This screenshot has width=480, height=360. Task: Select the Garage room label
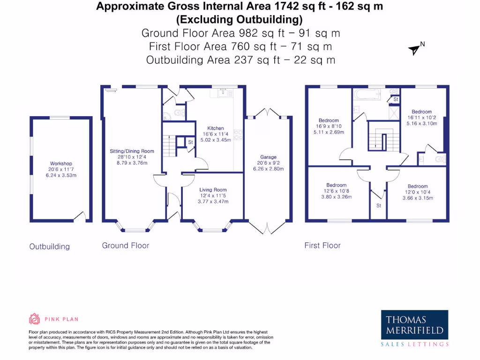click(x=268, y=157)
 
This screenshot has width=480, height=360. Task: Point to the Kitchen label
click(x=216, y=128)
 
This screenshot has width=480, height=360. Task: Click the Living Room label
click(x=213, y=190)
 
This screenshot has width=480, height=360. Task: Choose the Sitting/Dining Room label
click(x=135, y=151)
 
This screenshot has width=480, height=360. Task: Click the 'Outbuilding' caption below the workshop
click(x=49, y=247)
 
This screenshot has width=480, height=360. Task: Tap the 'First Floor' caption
click(x=322, y=245)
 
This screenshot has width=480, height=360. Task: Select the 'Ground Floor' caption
click(x=126, y=245)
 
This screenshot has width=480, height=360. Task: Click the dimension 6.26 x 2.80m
click(x=268, y=169)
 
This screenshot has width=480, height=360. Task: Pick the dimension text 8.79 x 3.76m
click(x=135, y=163)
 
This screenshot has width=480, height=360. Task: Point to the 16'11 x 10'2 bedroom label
click(x=422, y=118)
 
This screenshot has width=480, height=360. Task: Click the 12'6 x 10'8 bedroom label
click(x=336, y=191)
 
